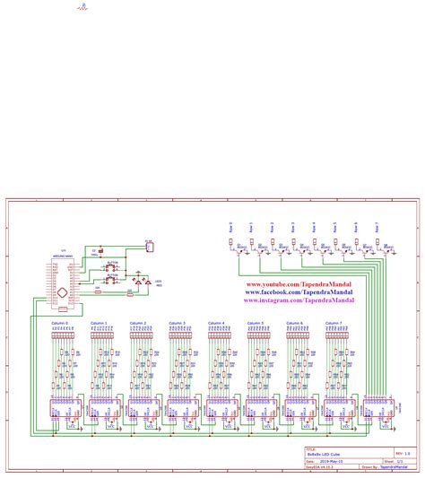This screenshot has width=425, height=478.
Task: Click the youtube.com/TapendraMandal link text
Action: click(299, 282)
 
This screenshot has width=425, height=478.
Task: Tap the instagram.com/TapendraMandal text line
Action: click(299, 301)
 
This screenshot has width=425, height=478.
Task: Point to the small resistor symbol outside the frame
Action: click(82, 8)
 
